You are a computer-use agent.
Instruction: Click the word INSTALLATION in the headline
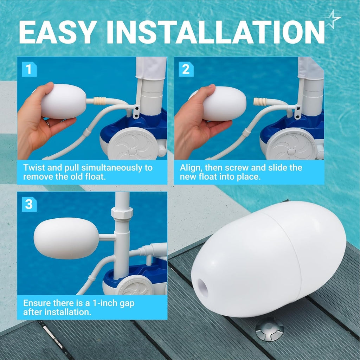point(215,32)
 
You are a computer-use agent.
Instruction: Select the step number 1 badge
point(29,69)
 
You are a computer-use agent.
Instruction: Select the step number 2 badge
point(186,69)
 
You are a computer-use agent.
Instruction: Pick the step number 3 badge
point(29,204)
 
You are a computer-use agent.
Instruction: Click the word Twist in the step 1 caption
point(34,168)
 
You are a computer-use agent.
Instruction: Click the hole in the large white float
point(203,287)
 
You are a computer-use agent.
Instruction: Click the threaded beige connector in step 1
point(99,101)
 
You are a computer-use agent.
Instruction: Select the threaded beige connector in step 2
point(260,102)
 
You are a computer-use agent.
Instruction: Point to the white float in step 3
point(66,238)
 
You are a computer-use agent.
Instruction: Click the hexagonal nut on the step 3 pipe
point(122,213)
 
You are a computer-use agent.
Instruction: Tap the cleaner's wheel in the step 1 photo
point(133,144)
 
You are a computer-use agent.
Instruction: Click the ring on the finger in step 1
point(47,123)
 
